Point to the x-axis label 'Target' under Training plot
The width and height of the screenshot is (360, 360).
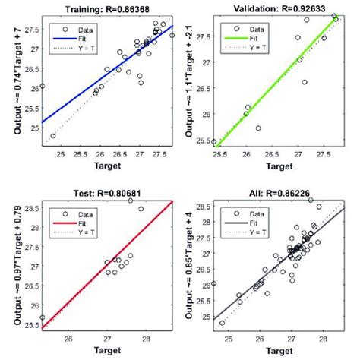[108, 165]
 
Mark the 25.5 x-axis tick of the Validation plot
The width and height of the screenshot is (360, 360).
[219, 154]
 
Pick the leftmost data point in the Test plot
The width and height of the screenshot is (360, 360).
[43, 317]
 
